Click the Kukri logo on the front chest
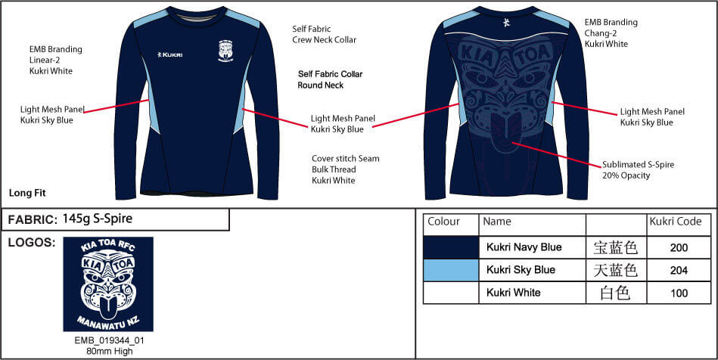169,54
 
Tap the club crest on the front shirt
225,51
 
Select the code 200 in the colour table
679,248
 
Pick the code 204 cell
679,270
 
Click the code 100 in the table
679,293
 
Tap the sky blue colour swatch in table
451,270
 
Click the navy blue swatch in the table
451,247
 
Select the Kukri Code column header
676,222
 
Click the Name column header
497,222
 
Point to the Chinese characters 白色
615,293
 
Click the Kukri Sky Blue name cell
521,270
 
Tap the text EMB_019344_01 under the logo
110,341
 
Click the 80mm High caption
110,351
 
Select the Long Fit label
27,193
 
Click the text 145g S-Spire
97,219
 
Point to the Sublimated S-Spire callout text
638,170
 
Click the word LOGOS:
32,243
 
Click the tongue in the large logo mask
107,309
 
